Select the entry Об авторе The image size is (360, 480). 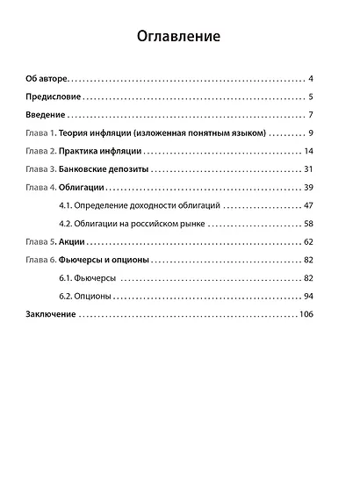point(47,79)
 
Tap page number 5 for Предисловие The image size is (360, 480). point(311,97)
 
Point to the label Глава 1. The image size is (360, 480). point(41,133)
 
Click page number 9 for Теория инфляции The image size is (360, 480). point(311,133)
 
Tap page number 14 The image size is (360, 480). point(308,152)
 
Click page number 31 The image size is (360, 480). point(308,170)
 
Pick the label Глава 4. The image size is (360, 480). point(41,188)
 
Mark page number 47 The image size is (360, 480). point(308,206)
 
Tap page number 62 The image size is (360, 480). point(308,241)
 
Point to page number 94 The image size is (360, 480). point(308,296)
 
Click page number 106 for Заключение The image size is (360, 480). point(306,314)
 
